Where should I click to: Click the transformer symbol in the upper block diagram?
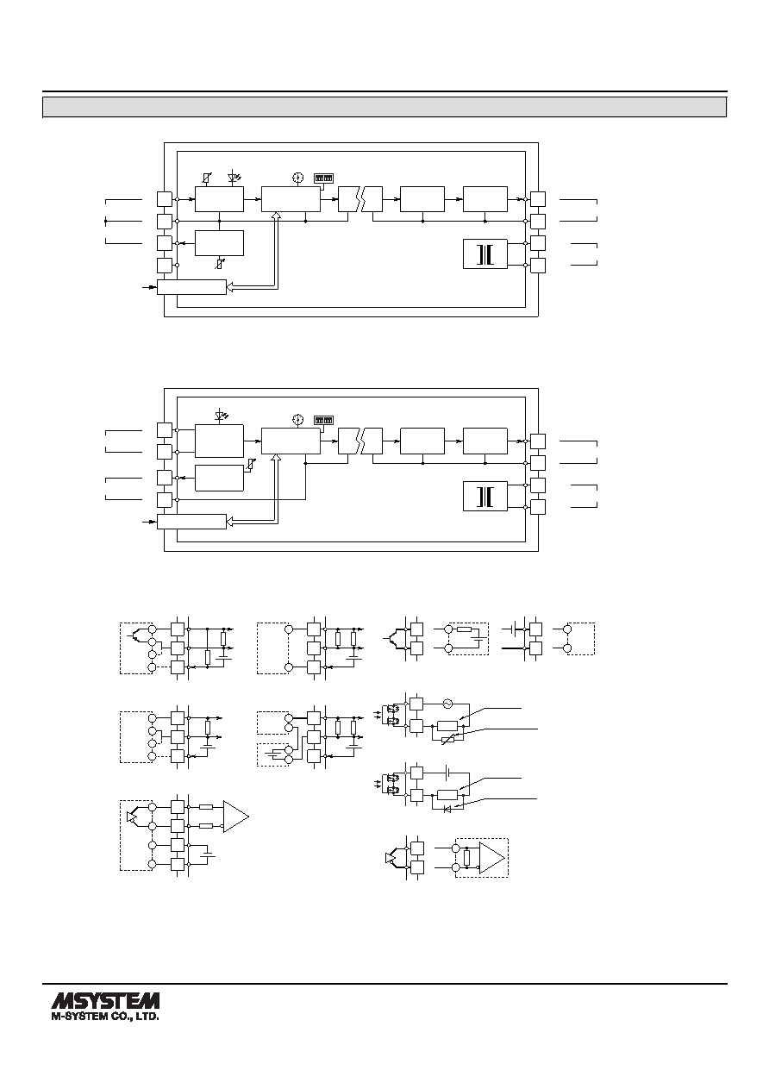485,253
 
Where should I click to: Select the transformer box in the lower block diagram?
485,496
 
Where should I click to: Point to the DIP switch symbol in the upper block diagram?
324,178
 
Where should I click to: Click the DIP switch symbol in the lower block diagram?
324,420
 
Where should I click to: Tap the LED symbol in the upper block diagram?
234,178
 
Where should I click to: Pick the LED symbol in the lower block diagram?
222,416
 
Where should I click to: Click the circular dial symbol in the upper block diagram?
298,178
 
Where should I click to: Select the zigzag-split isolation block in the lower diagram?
360,441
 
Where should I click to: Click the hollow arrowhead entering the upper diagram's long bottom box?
230,287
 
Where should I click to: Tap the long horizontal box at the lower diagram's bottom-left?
191,522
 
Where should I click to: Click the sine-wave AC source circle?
447,704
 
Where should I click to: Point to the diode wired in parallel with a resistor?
447,809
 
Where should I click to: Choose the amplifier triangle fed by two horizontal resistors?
234,817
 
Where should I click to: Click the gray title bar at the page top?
384,107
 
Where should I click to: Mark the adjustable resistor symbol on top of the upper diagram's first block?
207,178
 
